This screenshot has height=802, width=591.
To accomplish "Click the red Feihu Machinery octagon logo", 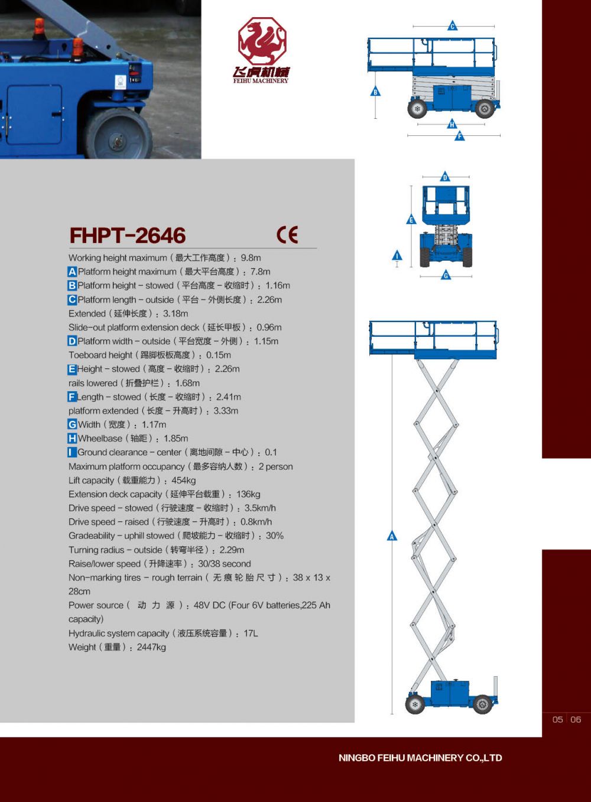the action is coord(262,41).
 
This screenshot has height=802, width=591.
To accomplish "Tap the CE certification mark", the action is coord(287,235).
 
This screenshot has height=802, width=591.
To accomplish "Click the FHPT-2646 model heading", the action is coord(128,235).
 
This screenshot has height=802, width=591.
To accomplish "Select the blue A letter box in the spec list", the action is coord(72,272).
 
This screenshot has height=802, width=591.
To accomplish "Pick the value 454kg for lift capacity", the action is coord(184,480).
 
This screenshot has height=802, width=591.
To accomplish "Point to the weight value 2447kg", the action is coord(151,647).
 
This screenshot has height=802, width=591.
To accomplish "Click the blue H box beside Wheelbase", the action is coord(72,439).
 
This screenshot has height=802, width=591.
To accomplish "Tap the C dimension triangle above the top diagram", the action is coord(452,26).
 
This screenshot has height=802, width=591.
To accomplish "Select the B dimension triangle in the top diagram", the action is coord(375,92).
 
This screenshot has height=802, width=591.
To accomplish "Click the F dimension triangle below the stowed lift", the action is coord(460,136).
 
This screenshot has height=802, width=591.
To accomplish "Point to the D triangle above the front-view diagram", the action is coord(445,177).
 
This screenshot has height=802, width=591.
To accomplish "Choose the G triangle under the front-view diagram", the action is coord(446,275).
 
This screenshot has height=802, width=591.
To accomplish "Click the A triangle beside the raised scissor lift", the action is coord(392,536).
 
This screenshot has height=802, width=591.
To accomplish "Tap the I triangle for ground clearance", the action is coord(397,256).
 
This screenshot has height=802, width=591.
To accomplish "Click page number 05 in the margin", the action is coord(558,719).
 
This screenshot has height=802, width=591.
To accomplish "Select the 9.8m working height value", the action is coord(251,258).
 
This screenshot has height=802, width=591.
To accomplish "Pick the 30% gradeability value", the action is coord(275,536).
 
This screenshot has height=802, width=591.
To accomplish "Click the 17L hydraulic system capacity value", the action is coord(251,634).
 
